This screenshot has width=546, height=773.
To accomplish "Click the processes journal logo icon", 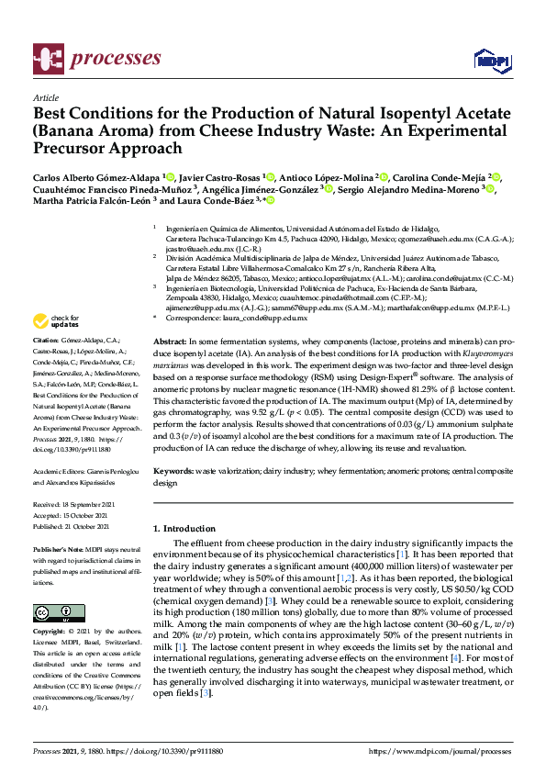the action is [46, 57].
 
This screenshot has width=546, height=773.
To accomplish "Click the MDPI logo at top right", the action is [492, 60].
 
